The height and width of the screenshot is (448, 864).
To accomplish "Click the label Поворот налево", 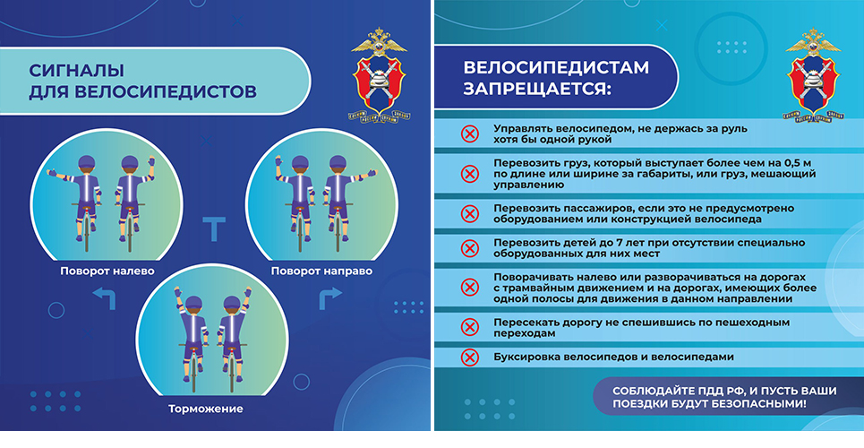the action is (107, 271).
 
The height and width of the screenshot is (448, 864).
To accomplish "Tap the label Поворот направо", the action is (321, 271).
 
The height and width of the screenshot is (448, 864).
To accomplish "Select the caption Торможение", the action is (205, 409).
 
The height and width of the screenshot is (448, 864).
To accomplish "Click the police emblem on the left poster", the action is (379, 75).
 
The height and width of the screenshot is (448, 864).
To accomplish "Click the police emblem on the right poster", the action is (814, 75).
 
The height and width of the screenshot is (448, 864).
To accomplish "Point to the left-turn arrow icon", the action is (104, 298).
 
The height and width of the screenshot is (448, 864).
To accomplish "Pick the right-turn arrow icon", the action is (330, 298).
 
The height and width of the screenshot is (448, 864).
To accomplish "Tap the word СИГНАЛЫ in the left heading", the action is (77, 71).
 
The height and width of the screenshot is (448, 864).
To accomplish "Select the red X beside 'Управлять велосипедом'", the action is (469, 134).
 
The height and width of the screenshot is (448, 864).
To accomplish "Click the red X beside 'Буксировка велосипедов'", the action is (469, 357).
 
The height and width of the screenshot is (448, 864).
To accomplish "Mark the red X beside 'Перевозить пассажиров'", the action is (469, 213).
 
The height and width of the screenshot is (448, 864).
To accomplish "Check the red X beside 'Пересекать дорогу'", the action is (469, 327).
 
